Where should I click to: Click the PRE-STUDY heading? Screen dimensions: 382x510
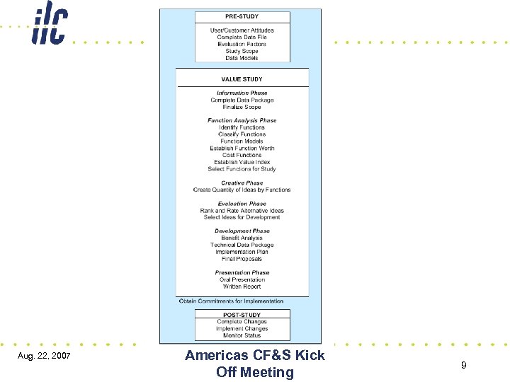click(x=242, y=16)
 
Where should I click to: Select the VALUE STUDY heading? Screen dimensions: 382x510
click(x=242, y=79)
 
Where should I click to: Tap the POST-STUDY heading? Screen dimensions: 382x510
click(x=242, y=315)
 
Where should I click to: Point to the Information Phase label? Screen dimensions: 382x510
click(x=242, y=93)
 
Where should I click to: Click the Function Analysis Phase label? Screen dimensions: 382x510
click(x=242, y=120)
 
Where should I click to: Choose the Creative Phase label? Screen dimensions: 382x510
click(x=242, y=183)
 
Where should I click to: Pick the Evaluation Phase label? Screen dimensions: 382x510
click(x=242, y=204)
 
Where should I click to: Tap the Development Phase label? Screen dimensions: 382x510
click(x=242, y=231)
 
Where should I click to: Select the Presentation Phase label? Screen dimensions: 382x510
click(x=242, y=272)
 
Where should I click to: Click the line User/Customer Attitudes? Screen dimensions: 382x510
click(x=242, y=30)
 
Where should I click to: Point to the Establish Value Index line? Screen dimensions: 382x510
click(x=242, y=162)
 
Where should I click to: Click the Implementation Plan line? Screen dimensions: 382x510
click(x=242, y=252)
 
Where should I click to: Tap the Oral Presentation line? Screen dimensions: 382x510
click(x=242, y=279)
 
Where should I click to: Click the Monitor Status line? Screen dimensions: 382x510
click(x=242, y=335)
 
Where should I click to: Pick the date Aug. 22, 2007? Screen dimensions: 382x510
click(x=43, y=354)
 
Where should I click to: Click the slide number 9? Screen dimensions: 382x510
click(x=463, y=365)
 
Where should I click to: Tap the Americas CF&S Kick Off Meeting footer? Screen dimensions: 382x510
click(x=254, y=364)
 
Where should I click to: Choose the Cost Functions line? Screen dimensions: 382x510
click(x=242, y=155)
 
